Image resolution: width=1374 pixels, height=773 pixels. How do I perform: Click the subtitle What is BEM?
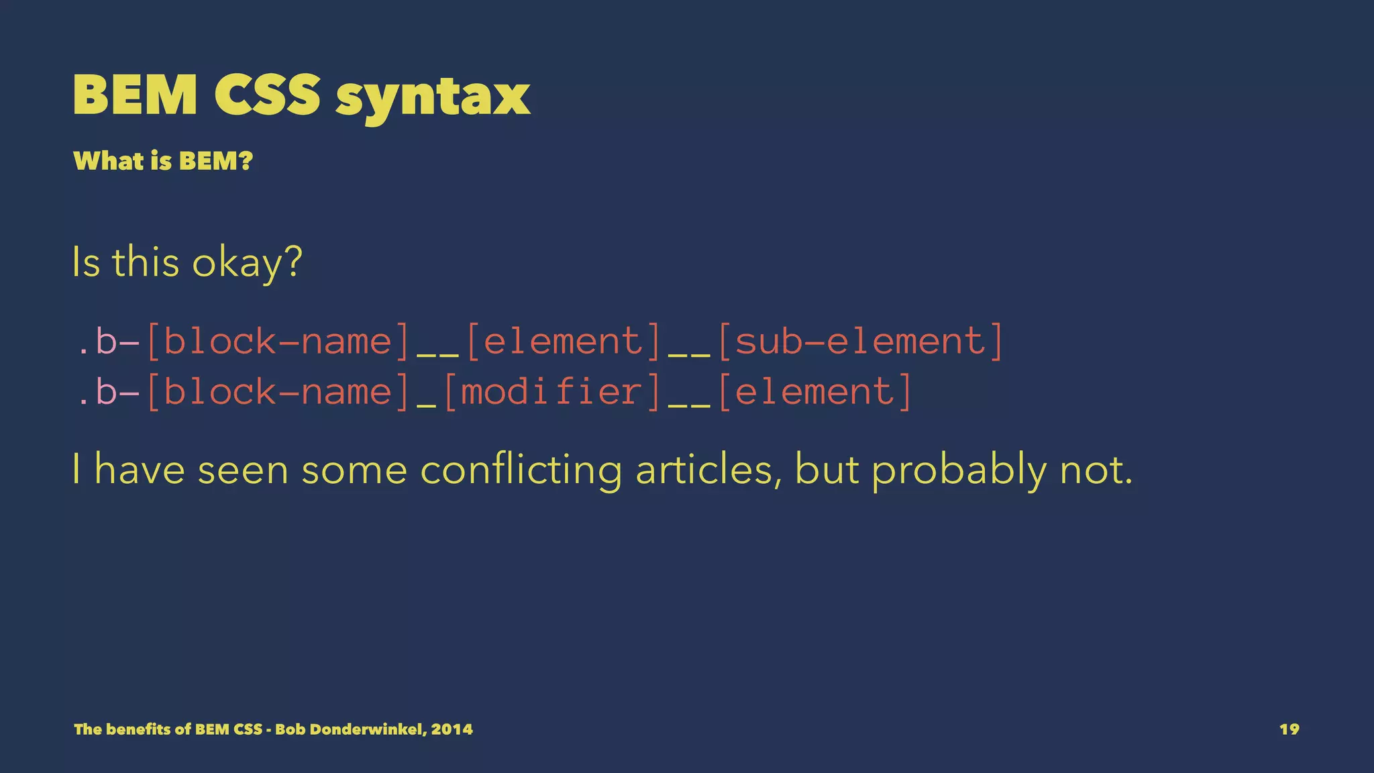pyautogui.click(x=163, y=161)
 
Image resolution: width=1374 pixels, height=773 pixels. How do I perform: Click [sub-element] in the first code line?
pyautogui.click(x=860, y=341)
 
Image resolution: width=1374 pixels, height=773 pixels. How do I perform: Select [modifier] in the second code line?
pyautogui.click(x=552, y=391)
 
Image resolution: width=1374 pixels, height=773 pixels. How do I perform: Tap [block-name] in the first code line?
pyautogui.click(x=278, y=341)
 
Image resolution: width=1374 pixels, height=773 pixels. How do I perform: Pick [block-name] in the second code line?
pyautogui.click(x=278, y=391)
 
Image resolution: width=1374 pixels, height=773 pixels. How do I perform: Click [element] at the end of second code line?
pyautogui.click(x=815, y=391)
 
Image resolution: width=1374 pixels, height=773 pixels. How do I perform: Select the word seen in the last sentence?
pyautogui.click(x=243, y=470)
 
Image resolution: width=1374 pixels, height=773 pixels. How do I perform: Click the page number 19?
pyautogui.click(x=1289, y=729)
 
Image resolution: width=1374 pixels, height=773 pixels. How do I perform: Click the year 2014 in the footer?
pyautogui.click(x=452, y=729)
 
